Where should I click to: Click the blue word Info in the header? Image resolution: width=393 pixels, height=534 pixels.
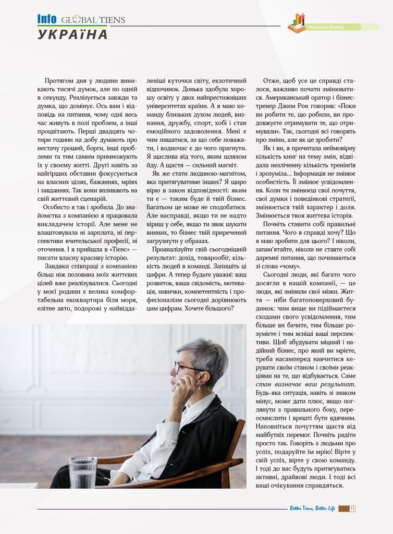pos(47,19)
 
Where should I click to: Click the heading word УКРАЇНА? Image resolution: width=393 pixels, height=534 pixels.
pos(73,35)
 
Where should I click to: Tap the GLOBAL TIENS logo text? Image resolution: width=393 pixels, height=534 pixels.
pos(93,20)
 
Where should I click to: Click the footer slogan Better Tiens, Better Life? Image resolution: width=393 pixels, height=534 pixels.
pos(312,508)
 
